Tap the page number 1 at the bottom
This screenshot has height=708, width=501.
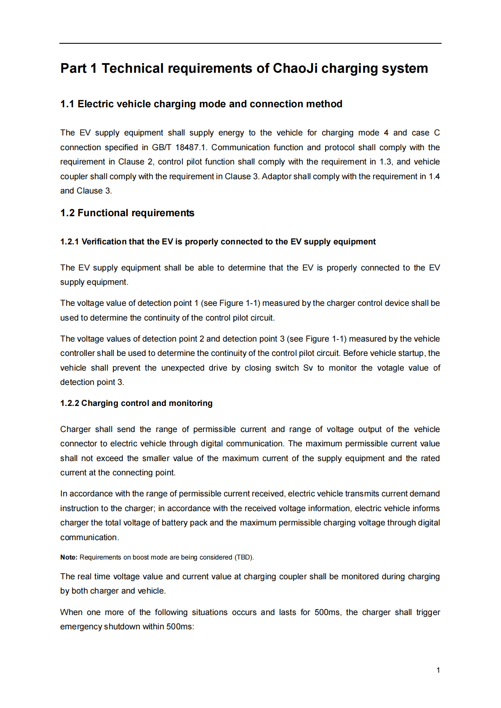(x=438, y=670)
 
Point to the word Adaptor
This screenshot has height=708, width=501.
(x=276, y=176)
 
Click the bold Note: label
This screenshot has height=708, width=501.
(x=69, y=557)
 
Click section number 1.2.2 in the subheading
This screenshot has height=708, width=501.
(x=69, y=403)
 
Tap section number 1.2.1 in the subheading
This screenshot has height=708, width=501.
(x=69, y=241)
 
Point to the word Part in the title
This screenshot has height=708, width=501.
(x=73, y=68)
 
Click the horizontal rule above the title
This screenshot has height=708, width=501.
(x=250, y=43)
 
